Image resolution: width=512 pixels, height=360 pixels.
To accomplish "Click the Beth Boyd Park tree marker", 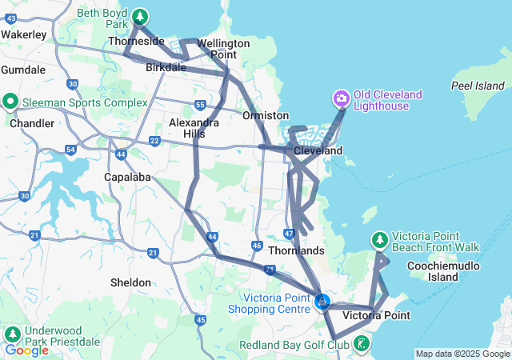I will tap(140, 16).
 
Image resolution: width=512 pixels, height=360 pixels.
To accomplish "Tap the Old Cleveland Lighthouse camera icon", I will tap(341, 99).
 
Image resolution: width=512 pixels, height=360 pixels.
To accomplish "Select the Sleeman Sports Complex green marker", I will tap(10, 102).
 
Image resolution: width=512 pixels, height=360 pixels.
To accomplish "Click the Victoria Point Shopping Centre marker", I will tap(322, 302).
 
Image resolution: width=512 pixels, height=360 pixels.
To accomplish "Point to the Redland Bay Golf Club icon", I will tap(363, 345).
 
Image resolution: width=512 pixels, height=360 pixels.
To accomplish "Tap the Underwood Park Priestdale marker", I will tap(12, 334).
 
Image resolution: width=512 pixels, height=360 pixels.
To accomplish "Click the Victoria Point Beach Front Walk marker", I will tap(380, 239).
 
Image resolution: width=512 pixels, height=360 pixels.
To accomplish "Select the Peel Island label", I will tap(478, 86).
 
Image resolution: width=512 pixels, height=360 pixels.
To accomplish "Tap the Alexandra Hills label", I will tap(194, 128).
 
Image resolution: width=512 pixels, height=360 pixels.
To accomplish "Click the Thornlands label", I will tap(296, 250).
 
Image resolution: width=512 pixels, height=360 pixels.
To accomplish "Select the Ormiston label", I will tap(259, 115).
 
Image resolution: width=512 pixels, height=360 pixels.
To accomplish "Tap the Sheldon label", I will tap(130, 282).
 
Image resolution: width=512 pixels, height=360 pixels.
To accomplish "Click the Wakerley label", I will tap(23, 34).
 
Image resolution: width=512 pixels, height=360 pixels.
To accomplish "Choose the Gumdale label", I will tap(23, 70).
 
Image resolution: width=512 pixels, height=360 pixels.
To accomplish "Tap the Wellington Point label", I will tap(216, 48).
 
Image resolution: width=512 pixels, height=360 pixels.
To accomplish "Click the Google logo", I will tap(26, 350).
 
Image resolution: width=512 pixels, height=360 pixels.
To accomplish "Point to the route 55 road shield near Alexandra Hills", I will tap(199, 105).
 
